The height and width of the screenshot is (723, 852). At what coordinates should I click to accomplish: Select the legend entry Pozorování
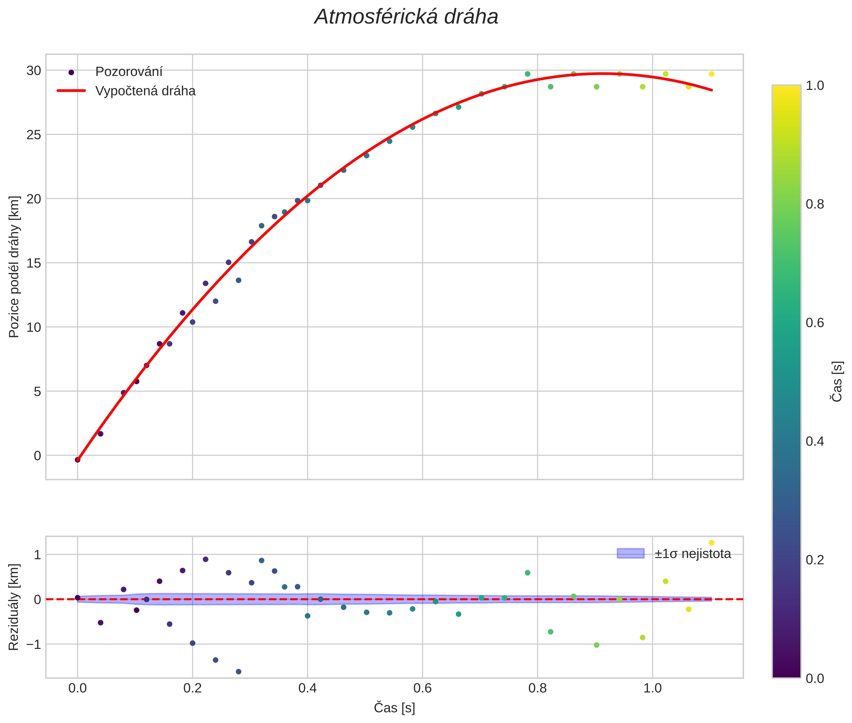[x=129, y=72]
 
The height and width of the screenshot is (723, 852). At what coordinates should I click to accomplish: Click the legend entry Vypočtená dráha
[x=145, y=91]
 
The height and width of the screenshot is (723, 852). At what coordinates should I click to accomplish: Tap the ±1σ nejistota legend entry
[x=692, y=554]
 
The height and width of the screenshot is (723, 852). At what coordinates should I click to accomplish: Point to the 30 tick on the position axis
[x=34, y=71]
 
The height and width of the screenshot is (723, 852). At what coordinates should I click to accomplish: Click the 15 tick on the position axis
[x=34, y=263]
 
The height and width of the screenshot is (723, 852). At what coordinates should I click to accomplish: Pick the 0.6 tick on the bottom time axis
[x=422, y=688]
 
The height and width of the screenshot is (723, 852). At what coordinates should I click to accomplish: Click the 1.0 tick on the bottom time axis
[x=652, y=688]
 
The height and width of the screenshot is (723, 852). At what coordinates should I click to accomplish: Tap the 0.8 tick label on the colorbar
[x=815, y=204]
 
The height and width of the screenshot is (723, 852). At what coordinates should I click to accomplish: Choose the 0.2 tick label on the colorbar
[x=815, y=560]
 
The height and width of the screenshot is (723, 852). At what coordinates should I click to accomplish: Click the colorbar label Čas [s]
[x=837, y=381]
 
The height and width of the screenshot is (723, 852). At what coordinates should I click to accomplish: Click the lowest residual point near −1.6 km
[x=238, y=672]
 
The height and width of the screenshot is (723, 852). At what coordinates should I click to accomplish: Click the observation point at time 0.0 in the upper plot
[x=77, y=460]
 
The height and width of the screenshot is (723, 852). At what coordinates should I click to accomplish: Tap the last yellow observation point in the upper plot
[x=712, y=74]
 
